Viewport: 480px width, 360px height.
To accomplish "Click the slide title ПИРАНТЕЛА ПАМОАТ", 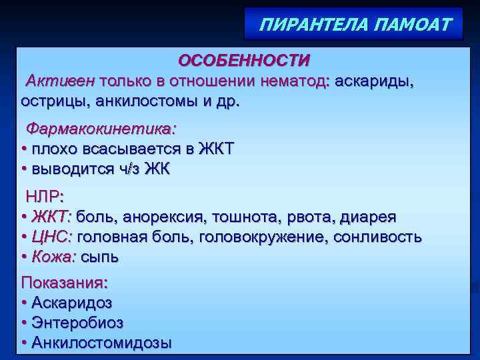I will click(x=355, y=26).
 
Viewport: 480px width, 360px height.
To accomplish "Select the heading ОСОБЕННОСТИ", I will click(x=243, y=61).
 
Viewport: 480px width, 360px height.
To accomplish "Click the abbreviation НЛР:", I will click(x=45, y=197).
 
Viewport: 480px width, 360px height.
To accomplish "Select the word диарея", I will click(x=368, y=217).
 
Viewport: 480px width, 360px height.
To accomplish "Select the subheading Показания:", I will click(x=64, y=283).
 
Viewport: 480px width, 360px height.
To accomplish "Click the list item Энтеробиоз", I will click(x=77, y=323).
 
